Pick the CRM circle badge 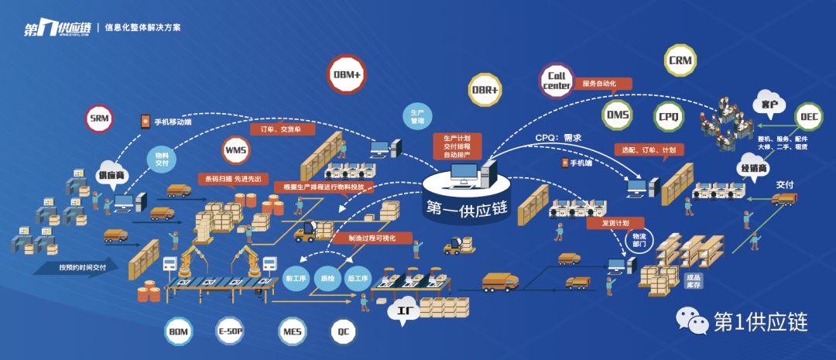[682, 60]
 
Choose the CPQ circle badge [669, 116]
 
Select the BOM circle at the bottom [179, 331]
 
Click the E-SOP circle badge [231, 331]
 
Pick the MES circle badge [292, 331]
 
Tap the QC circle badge [343, 331]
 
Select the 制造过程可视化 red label [365, 238]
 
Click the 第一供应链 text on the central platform [467, 207]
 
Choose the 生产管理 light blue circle [416, 117]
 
